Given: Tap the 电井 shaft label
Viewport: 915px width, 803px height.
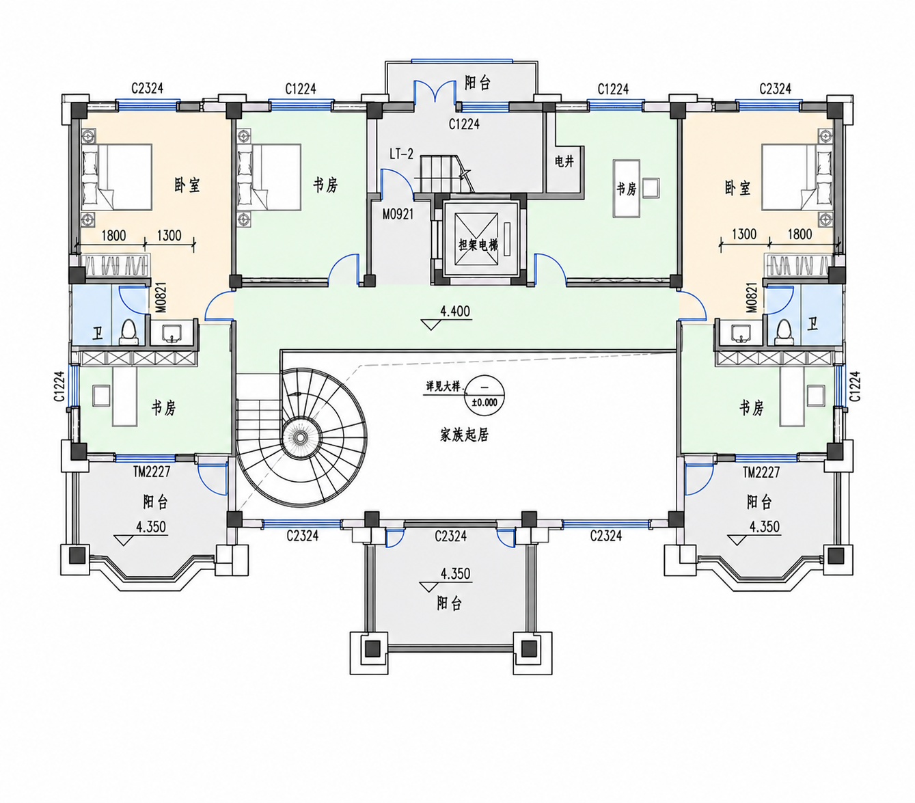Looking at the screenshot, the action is (564, 161).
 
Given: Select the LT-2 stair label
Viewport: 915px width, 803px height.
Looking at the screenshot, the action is (402, 154).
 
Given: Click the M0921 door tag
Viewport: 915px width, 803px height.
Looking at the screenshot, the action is (398, 214).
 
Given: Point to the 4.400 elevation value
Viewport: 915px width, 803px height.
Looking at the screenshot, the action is (455, 311).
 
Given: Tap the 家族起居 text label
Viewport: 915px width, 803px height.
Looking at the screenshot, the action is (464, 435).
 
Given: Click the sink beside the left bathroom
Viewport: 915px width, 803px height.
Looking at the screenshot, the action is (172, 334).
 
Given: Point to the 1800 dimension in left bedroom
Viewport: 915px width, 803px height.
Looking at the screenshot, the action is (113, 235).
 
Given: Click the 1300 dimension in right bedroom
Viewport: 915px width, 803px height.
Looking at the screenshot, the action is (744, 234).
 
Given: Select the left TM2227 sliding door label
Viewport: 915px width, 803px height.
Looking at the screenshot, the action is (151, 472).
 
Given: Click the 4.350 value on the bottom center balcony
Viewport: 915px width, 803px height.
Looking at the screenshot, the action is (455, 573).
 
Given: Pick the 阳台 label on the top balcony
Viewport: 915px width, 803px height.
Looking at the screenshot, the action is (478, 83).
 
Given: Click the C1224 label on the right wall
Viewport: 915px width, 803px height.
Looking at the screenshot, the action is (854, 386).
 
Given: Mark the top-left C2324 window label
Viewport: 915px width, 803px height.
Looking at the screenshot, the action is (147, 88).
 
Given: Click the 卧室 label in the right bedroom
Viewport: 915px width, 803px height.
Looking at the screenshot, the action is (737, 187).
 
